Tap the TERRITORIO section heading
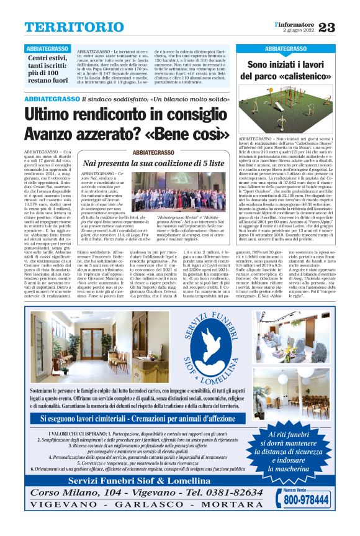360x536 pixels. [x=66, y=27]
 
